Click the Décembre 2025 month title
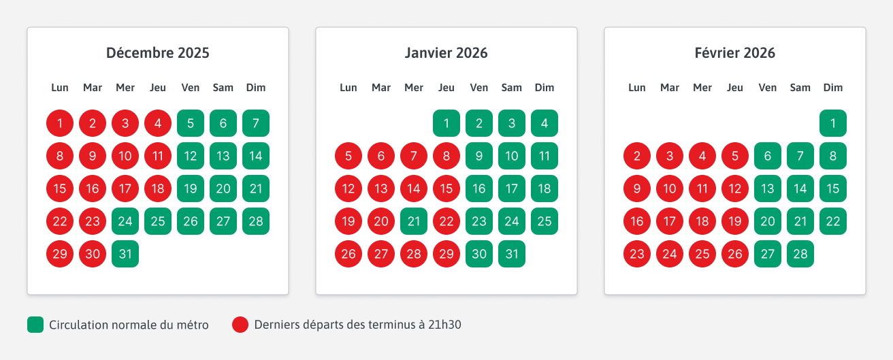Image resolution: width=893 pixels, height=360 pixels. pyautogui.click(x=158, y=53)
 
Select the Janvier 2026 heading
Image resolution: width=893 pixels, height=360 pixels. pyautogui.click(x=446, y=53)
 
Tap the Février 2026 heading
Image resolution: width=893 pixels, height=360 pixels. pyautogui.click(x=735, y=53)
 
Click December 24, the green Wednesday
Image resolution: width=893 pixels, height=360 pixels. pyautogui.click(x=125, y=221)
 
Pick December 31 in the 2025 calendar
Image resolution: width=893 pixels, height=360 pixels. pyautogui.click(x=125, y=254)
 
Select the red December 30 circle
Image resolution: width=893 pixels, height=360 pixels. pyautogui.click(x=93, y=254)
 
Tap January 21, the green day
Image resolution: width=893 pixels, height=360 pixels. pyautogui.click(x=414, y=221)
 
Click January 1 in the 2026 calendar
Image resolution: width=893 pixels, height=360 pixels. pyautogui.click(x=446, y=123)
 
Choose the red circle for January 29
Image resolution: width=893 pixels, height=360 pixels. pyautogui.click(x=446, y=254)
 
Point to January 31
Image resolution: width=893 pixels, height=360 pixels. pyautogui.click(x=512, y=254)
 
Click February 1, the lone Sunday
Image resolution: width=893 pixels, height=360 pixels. pyautogui.click(x=833, y=123)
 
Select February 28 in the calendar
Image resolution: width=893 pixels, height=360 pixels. pyautogui.click(x=800, y=254)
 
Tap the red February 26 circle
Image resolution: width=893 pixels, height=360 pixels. pyautogui.click(x=735, y=254)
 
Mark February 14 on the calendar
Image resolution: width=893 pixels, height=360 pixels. pyautogui.click(x=800, y=189)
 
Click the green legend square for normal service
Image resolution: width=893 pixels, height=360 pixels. pyautogui.click(x=35, y=325)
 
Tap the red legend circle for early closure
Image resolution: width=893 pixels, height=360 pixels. pyautogui.click(x=240, y=325)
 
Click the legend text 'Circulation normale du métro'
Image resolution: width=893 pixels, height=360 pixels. pyautogui.click(x=129, y=325)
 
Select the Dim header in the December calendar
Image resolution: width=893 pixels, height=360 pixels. pyautogui.click(x=256, y=88)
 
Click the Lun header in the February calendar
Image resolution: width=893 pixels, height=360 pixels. pyautogui.click(x=637, y=88)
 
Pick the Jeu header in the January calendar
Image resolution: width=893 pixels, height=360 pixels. pyautogui.click(x=446, y=88)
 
